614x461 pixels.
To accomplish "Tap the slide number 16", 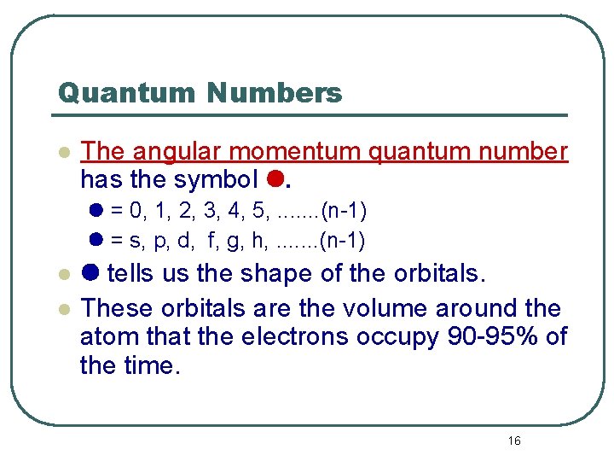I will (x=513, y=441).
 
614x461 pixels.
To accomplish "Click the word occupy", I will (x=396, y=336).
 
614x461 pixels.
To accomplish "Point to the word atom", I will (x=108, y=336).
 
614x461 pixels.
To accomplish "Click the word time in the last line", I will (x=153, y=365).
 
